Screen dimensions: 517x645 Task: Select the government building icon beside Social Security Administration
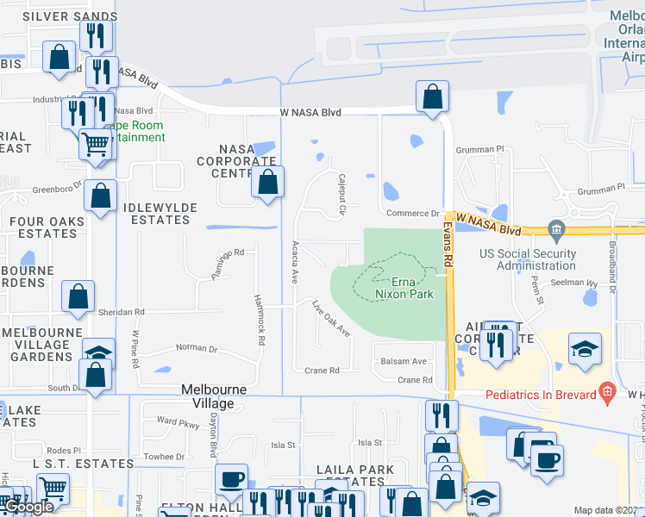556,229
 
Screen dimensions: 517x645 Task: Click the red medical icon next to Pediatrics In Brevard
608,394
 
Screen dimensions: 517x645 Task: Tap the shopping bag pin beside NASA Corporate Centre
268,183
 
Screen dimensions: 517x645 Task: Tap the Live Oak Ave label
331,318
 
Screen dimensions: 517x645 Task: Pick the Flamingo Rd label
229,264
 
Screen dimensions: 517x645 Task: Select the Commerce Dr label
412,214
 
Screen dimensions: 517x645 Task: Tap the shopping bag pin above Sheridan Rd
78,296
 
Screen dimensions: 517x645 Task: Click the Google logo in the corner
28,508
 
